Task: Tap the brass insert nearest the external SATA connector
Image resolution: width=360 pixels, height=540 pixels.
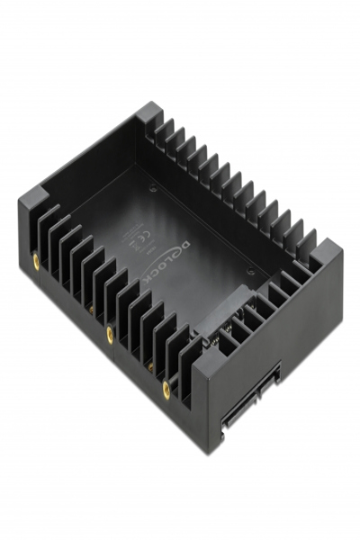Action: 168,389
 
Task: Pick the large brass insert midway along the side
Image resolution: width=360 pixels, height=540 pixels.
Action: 109,333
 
